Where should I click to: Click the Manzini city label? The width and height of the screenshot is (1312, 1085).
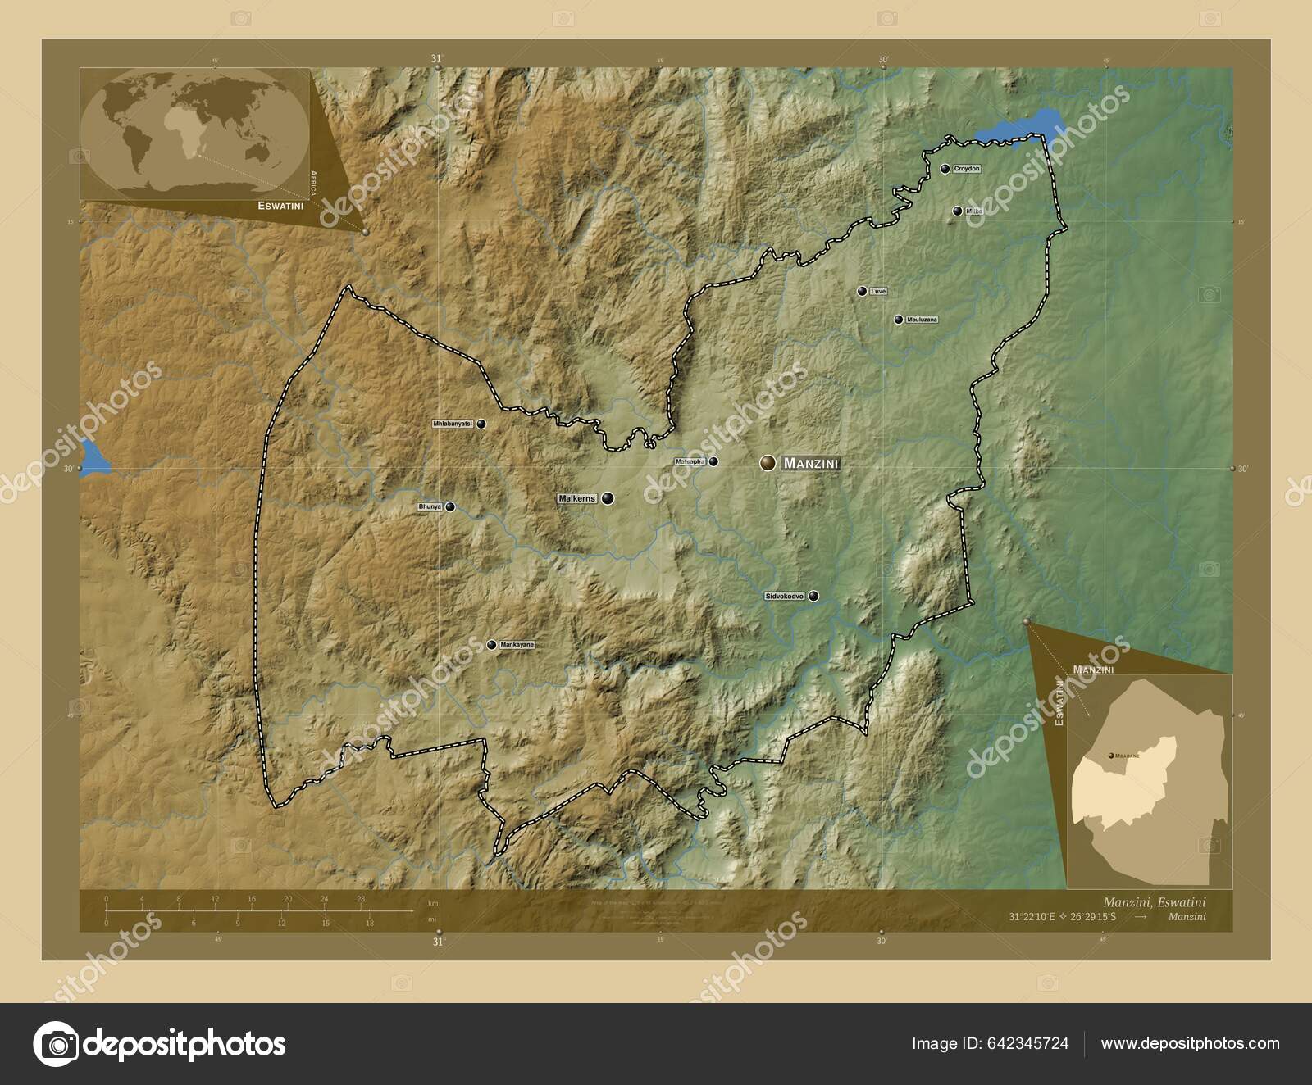click(x=811, y=464)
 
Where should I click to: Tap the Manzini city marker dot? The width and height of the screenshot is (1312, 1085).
click(x=768, y=463)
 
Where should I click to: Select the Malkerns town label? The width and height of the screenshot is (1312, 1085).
click(x=577, y=498)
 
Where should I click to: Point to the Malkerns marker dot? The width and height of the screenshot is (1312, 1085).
click(x=608, y=498)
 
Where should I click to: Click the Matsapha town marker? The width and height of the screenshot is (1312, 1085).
click(x=714, y=461)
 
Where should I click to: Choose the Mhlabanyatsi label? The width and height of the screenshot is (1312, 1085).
click(x=453, y=424)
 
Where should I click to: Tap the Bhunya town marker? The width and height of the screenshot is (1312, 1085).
click(x=450, y=507)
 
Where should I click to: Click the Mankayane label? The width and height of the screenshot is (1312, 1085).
click(x=517, y=645)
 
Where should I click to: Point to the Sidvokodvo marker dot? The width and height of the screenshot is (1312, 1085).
click(x=813, y=596)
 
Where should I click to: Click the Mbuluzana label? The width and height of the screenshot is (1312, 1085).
click(x=922, y=320)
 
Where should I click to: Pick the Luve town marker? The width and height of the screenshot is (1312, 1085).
click(x=862, y=291)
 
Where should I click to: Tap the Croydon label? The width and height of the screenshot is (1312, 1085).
click(x=967, y=169)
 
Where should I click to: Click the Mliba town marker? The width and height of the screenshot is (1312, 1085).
click(x=957, y=211)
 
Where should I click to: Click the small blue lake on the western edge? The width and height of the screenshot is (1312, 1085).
click(x=93, y=457)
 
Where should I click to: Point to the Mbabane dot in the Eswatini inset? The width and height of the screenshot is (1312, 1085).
click(x=1110, y=755)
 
